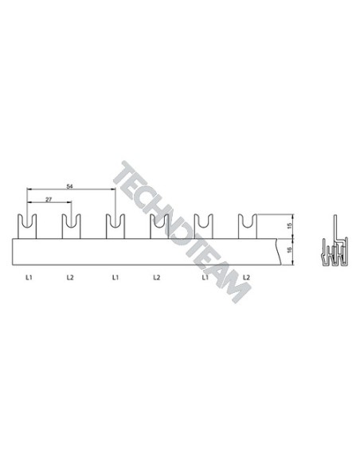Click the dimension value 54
pos(69,186)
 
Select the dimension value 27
pos(49,200)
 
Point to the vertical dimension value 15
pos(290,225)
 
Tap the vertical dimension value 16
pos(290,250)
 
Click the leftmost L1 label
pos(29,278)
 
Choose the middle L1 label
pos(115,278)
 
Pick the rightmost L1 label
pos(205,278)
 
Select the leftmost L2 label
pos(70,278)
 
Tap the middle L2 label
pos(157,278)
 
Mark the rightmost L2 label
pos(246,278)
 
